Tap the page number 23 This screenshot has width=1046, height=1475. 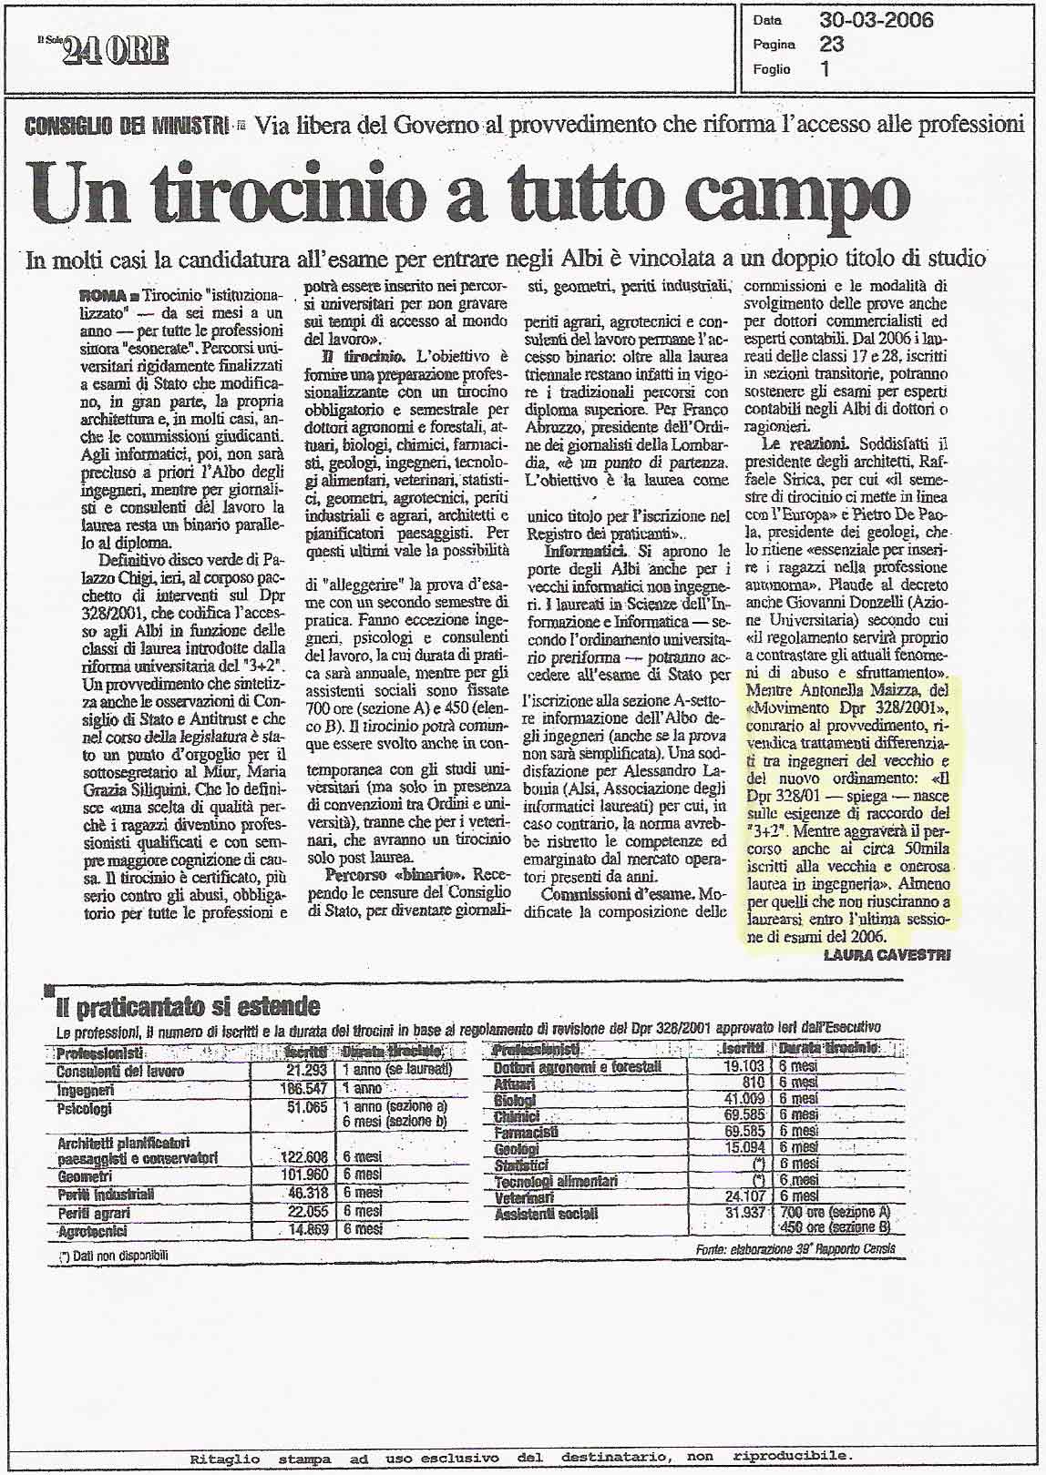[831, 44]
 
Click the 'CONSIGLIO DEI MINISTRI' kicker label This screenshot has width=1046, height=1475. [127, 126]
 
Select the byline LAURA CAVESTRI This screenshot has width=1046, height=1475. [887, 954]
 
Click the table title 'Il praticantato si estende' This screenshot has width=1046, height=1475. [188, 1006]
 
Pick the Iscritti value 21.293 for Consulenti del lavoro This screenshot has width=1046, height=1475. [305, 1071]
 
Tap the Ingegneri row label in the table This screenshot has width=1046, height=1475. [86, 1090]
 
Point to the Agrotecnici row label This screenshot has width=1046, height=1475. [92, 1231]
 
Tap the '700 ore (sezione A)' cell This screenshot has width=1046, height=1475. [835, 1213]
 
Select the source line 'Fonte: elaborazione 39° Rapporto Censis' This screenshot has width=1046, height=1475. [795, 1249]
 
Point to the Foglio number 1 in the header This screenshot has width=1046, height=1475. [826, 69]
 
